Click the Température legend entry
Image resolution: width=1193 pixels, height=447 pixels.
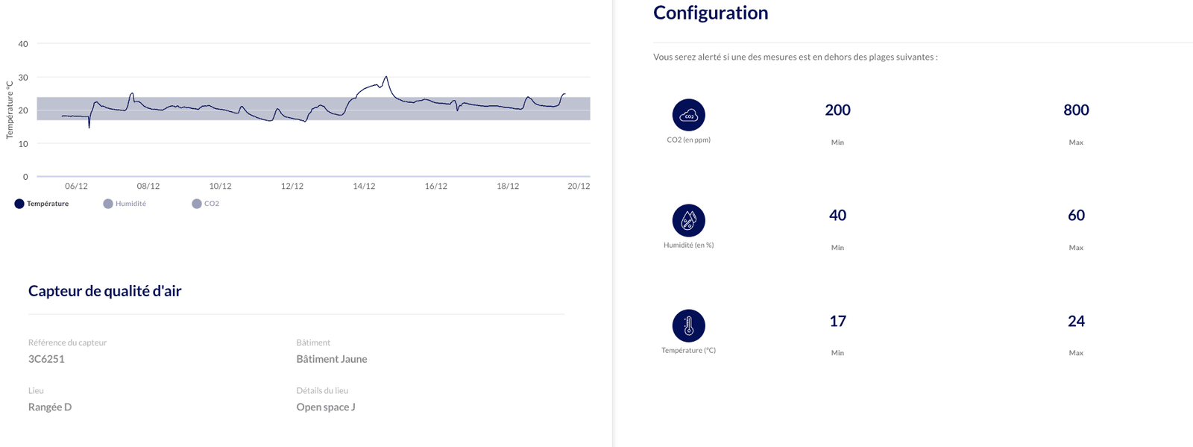coord(42,204)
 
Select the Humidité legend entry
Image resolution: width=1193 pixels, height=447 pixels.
coord(125,204)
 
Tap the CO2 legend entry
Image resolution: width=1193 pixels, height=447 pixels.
coord(206,204)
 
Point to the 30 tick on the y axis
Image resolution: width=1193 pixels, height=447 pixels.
coord(23,78)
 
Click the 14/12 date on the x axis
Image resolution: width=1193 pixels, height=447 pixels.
coord(364,186)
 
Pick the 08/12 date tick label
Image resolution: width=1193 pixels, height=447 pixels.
coord(148,186)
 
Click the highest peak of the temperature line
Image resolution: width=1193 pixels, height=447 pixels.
coord(386,77)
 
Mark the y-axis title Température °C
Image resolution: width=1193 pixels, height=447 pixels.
coord(9,110)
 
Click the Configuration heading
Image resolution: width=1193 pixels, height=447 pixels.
coord(711,13)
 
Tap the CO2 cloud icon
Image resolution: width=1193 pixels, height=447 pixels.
coord(689,115)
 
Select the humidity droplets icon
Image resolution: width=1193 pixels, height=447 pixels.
coord(689,220)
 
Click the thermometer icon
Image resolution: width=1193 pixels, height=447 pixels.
coord(689,325)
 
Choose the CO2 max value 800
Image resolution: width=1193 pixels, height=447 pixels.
coord(1076,110)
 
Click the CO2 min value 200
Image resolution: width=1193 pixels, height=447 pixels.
coord(837,110)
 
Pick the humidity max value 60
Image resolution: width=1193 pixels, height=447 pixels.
coord(1076,215)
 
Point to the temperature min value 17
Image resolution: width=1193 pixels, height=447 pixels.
coord(837,321)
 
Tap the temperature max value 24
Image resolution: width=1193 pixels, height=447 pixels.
coord(1076,321)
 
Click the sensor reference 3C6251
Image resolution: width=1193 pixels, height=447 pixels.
coord(46,359)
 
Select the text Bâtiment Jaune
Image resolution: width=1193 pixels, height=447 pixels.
coord(332,359)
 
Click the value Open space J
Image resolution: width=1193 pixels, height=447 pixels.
coord(326,407)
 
